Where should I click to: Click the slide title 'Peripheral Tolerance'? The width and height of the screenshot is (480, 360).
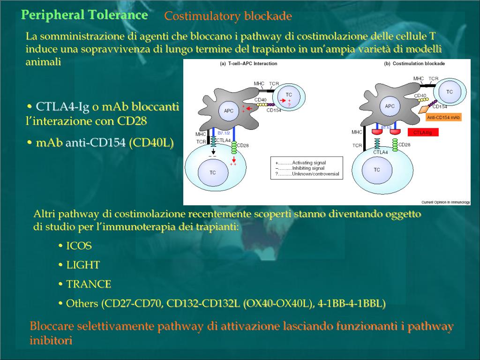tap(84, 15)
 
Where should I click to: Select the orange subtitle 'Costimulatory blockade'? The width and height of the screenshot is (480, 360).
tap(228, 16)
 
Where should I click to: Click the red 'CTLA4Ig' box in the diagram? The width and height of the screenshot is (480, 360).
tap(423, 133)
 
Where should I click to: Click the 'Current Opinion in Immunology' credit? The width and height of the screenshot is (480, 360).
tap(445, 202)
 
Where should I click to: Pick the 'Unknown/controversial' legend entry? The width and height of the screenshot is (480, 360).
tap(315, 174)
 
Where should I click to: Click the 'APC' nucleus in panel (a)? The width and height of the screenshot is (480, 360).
tap(228, 111)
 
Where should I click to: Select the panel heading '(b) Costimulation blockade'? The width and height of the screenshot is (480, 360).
tap(414, 63)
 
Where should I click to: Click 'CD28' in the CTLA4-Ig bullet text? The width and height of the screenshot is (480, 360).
tap(132, 121)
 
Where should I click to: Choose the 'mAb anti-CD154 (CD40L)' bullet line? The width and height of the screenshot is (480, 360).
tap(104, 142)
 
